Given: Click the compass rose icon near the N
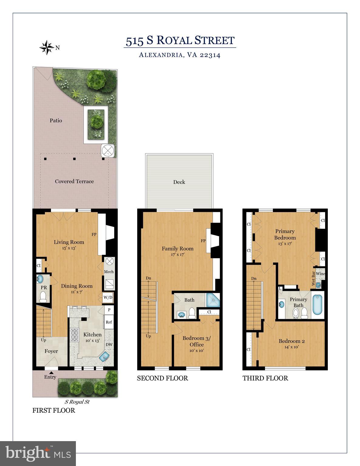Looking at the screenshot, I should click(47, 47).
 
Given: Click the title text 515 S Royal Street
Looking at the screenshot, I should click(180, 41).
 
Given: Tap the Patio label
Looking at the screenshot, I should click(56, 120).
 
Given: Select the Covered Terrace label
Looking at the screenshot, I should click(74, 181).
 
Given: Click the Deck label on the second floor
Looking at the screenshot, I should click(179, 182).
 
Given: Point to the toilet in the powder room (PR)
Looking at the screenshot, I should click(43, 296).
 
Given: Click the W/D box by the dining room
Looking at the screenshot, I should click(108, 297).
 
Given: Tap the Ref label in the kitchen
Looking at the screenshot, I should click(109, 322).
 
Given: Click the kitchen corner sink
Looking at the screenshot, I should click(105, 357).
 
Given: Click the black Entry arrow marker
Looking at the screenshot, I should click(51, 372).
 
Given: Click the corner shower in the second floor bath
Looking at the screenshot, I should click(213, 300).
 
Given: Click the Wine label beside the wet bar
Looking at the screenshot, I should click(320, 274).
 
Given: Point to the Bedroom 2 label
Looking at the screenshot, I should click(292, 341).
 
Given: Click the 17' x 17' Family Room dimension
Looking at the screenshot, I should click(178, 255).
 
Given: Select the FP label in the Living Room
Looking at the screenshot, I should click(94, 235).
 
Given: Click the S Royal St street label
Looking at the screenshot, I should click(77, 402).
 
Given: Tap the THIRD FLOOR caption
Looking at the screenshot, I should click(265, 378).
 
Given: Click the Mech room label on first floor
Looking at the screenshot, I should click(109, 272).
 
